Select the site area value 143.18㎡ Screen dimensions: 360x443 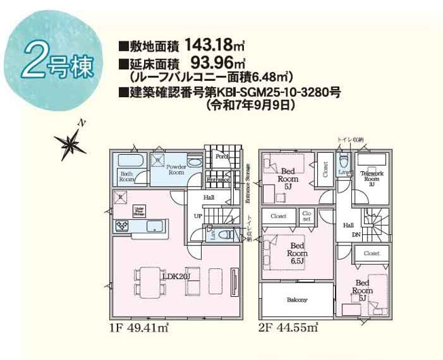coord(211,46)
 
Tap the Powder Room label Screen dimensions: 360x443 coord(176,170)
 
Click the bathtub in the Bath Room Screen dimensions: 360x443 coord(130,162)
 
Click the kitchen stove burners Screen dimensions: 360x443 coord(124,226)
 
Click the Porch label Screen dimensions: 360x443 coord(221,156)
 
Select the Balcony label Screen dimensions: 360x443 coord(297,300)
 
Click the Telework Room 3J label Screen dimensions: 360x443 coord(370,175)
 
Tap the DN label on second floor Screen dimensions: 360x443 coord(356,236)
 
